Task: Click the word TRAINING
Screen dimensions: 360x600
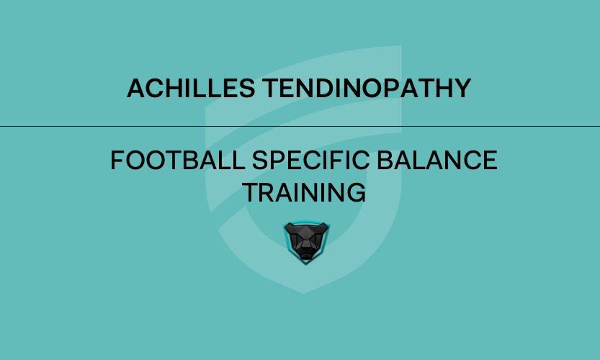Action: point(303,192)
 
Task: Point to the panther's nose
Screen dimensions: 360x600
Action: point(306,246)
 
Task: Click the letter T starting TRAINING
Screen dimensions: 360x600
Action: point(248,192)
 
